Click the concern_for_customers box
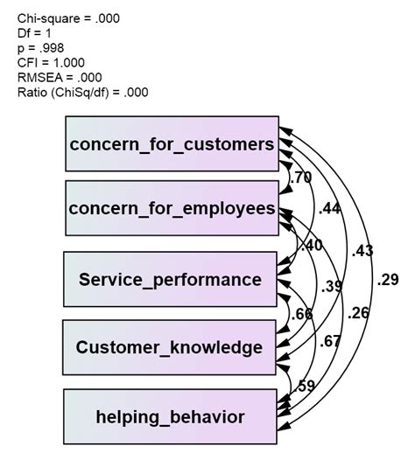point(172,143)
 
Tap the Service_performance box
point(171,280)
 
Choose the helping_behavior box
point(171,416)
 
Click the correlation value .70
point(300,178)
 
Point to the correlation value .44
point(330,208)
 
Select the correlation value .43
point(363,251)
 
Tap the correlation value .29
point(390,280)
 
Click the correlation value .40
point(311,246)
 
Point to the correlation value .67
point(330,340)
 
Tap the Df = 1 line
point(35,32)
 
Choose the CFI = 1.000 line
point(52,62)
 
